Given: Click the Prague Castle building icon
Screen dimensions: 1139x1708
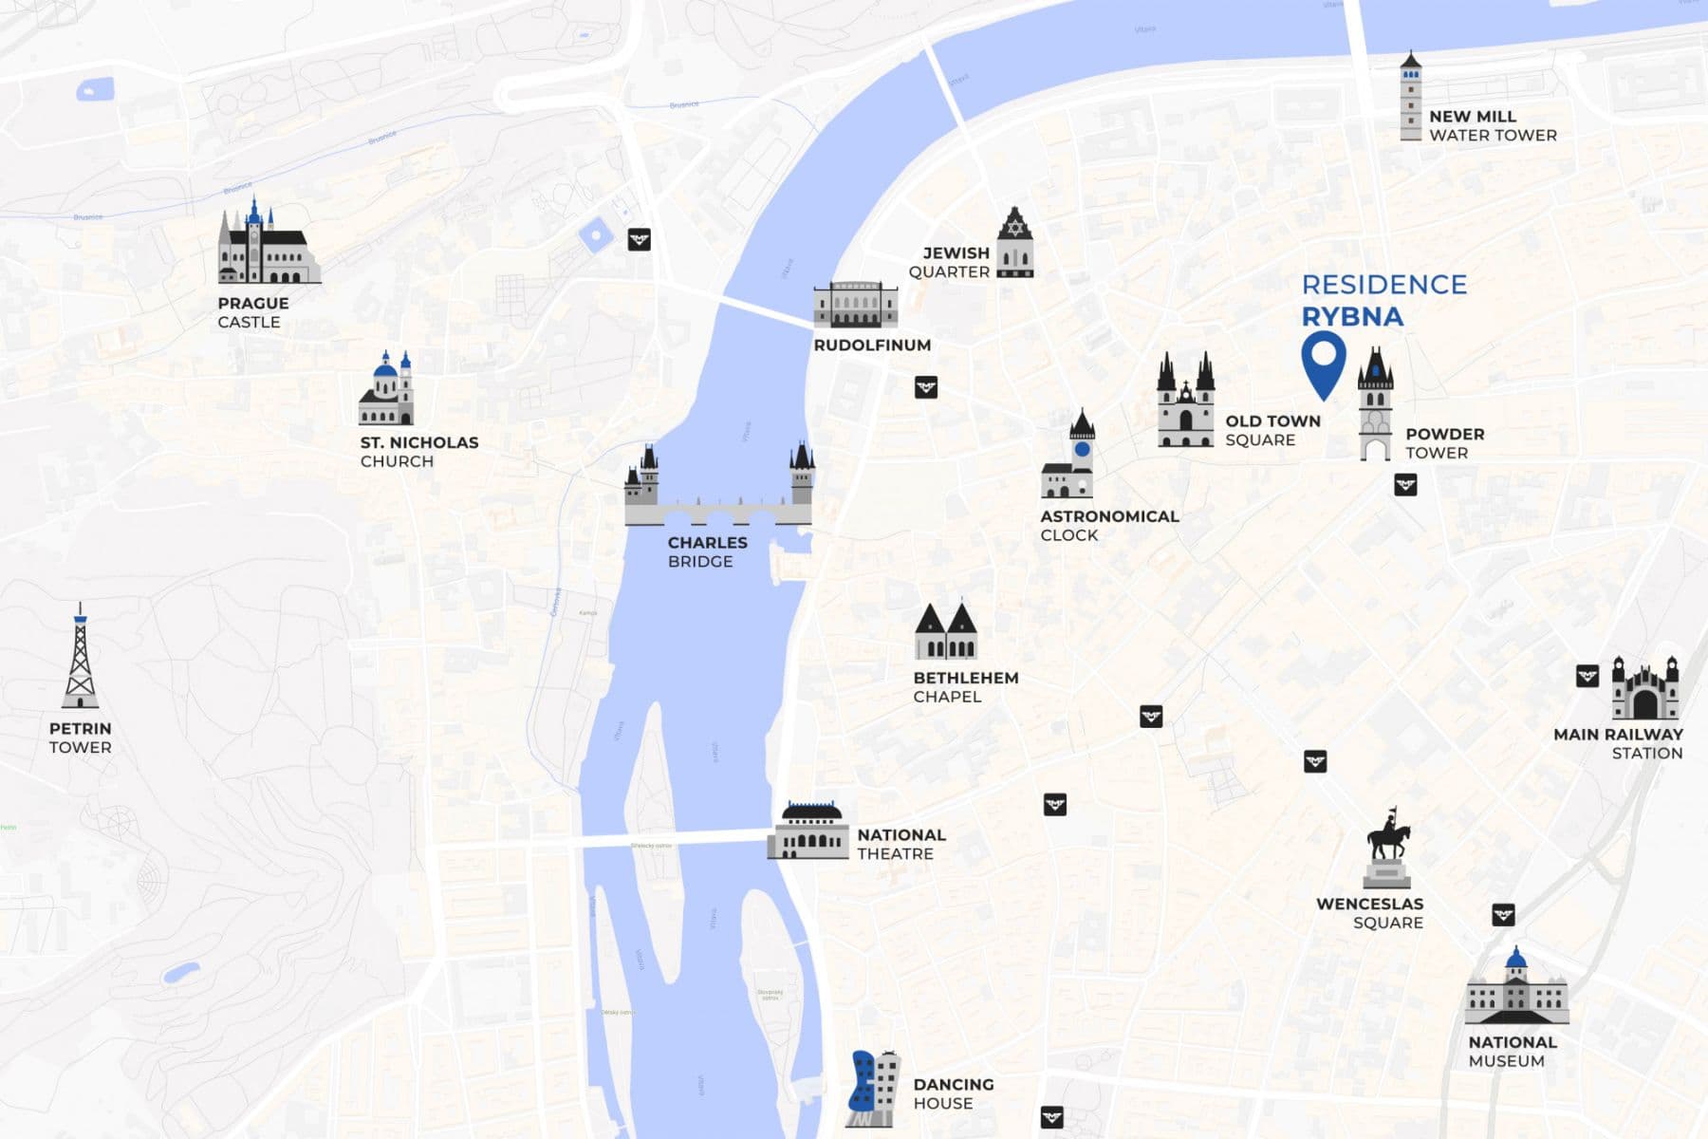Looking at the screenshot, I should [266, 245].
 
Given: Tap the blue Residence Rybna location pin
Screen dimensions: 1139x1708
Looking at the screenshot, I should [1323, 361].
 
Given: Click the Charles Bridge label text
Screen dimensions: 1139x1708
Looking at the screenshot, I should [707, 551].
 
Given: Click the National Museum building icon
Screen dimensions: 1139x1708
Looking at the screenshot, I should [1516, 990].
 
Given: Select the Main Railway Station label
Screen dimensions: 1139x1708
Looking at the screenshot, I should [1619, 743].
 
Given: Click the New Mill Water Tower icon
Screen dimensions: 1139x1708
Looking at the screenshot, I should [1411, 97].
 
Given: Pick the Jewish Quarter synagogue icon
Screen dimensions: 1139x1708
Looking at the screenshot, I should [1014, 244].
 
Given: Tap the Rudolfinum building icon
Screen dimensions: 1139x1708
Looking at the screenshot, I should [855, 305].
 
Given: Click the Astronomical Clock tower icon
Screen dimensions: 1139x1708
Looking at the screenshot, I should [1070, 457].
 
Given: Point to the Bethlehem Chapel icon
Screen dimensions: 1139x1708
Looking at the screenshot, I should [946, 631].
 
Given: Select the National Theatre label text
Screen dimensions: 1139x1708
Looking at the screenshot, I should [900, 844].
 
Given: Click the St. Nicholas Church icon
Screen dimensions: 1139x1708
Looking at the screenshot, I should [386, 390].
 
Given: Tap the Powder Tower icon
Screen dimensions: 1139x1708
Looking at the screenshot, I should [1375, 405].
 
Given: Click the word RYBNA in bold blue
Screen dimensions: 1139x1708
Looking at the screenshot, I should [1351, 317].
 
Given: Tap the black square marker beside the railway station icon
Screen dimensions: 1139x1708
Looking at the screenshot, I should [1587, 676].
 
